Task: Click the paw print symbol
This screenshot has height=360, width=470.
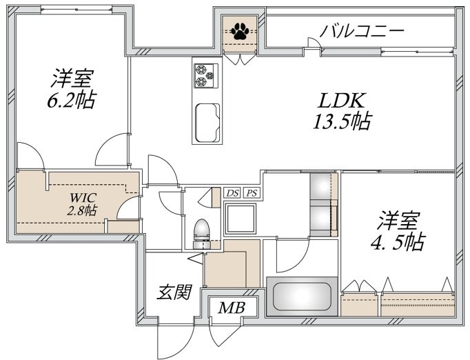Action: click(239, 31)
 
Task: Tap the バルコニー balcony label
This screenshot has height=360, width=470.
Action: click(362, 31)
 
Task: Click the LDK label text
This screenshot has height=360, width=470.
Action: click(341, 101)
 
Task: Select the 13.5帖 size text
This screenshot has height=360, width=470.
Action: click(343, 121)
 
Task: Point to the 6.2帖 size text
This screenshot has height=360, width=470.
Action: click(72, 100)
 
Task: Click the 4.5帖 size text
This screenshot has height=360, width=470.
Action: click(398, 242)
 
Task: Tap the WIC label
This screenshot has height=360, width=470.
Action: click(83, 198)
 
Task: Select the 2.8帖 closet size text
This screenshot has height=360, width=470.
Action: click(81, 210)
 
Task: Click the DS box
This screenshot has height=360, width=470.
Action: click(233, 193)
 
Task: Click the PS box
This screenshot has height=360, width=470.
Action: click(252, 193)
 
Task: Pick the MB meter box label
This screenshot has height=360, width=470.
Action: click(232, 308)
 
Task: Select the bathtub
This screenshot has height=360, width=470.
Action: click(302, 297)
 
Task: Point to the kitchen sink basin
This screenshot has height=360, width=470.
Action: click(207, 123)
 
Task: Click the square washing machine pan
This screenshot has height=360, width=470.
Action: click(241, 218)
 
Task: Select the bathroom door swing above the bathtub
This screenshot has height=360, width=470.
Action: click(293, 254)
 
